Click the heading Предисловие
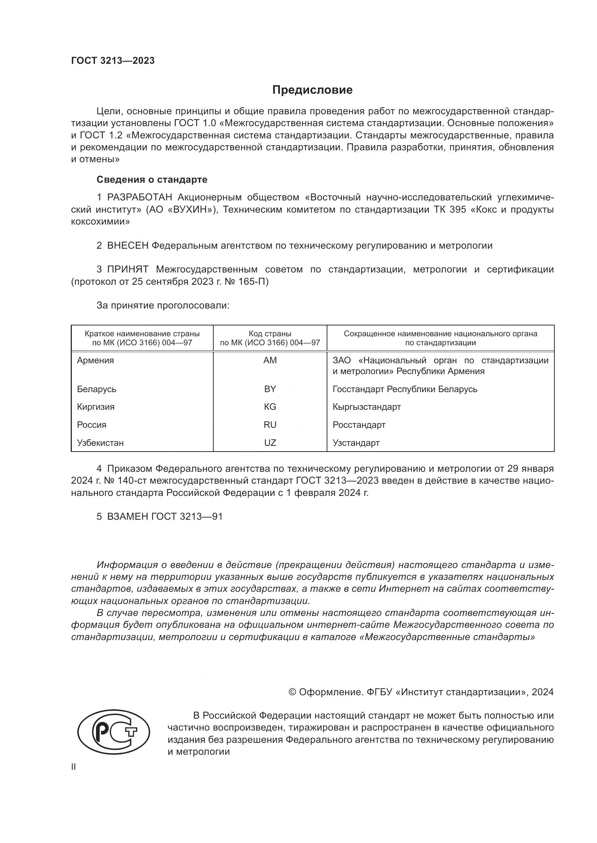coord(312,90)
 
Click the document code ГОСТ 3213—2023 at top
coord(113,61)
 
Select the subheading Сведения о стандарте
coord(152,179)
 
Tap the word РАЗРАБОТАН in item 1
coord(139,198)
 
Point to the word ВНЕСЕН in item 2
coord(127,246)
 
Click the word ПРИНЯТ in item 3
coord(127,270)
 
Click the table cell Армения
coord(96,360)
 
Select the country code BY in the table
coord(270,389)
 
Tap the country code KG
coord(270,407)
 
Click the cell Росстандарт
coord(359,425)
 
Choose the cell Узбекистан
coord(100,443)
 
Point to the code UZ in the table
coord(270,443)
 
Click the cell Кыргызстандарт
coord(366,407)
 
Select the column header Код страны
coord(270,334)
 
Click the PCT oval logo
coord(114,732)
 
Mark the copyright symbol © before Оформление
coord(292,692)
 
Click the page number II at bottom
coord(74,767)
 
